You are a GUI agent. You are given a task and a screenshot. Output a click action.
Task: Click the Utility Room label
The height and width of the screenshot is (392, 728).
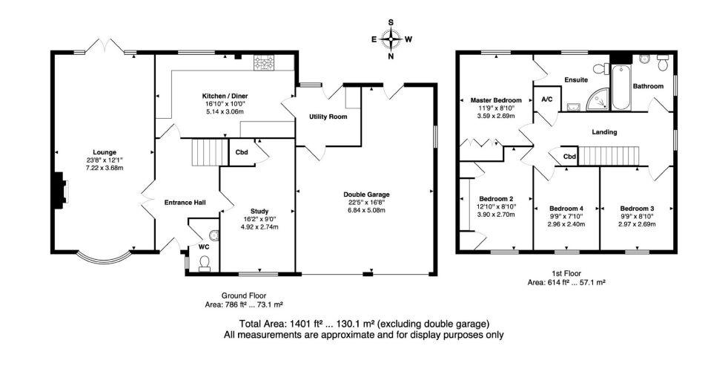pyautogui.click(x=328, y=117)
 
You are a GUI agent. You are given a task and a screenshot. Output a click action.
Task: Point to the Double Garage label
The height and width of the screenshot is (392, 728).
pyautogui.click(x=366, y=195)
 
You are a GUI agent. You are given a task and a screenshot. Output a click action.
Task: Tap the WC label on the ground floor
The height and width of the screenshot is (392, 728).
pyautogui.click(x=204, y=246)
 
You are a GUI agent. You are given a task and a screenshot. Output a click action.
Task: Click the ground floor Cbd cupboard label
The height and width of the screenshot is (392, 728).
pyautogui.click(x=242, y=152)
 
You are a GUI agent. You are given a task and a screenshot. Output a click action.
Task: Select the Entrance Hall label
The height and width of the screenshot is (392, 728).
pyautogui.click(x=185, y=202)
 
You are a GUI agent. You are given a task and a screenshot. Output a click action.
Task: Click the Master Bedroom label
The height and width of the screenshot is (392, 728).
pyautogui.click(x=497, y=100)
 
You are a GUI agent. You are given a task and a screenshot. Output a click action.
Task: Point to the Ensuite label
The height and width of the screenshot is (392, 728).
pyautogui.click(x=576, y=79)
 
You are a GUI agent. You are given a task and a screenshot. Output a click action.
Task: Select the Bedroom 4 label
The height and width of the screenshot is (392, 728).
pyautogui.click(x=566, y=208)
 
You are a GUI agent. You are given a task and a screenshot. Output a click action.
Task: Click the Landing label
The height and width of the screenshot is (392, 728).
pyautogui.click(x=604, y=132)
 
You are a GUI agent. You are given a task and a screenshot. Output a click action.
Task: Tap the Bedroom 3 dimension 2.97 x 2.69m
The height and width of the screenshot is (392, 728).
pyautogui.click(x=638, y=223)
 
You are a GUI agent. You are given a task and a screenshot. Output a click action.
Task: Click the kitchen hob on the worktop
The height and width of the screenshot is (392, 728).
pyautogui.click(x=264, y=62)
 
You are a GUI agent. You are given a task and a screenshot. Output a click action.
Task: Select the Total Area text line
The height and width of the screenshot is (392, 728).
pyautogui.click(x=364, y=324)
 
